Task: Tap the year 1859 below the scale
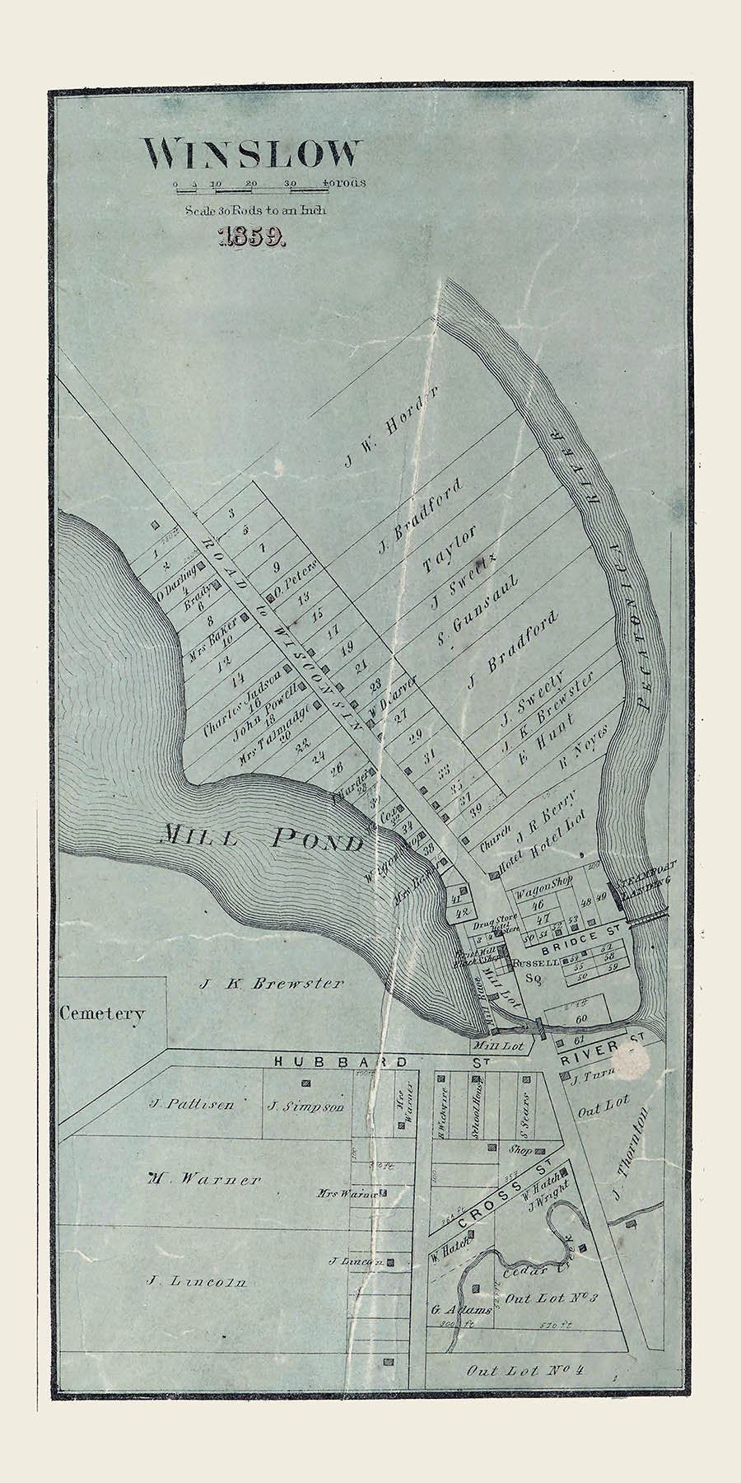251,238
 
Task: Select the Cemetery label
101,1013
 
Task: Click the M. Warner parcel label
204,1179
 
